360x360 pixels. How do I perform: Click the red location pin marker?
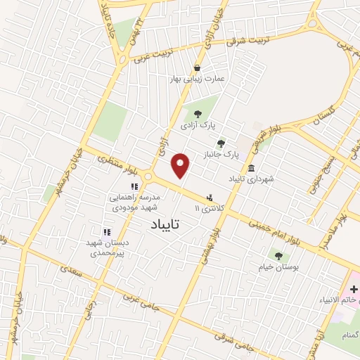pyautogui.click(x=181, y=166)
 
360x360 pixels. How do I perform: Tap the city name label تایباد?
pyautogui.click(x=166, y=225)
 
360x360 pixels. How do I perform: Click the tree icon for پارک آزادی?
pyautogui.click(x=196, y=113)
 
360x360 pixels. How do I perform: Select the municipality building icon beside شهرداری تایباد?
pyautogui.click(x=252, y=167)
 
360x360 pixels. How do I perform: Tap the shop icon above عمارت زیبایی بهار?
pyautogui.click(x=199, y=68)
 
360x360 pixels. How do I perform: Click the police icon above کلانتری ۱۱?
pyautogui.click(x=209, y=198)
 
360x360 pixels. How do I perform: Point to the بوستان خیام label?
pyautogui.click(x=279, y=269)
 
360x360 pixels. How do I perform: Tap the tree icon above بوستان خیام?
pyautogui.click(x=279, y=257)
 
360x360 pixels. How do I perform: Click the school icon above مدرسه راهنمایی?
pyautogui.click(x=133, y=186)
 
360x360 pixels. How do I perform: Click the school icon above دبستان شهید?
pyautogui.click(x=107, y=231)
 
